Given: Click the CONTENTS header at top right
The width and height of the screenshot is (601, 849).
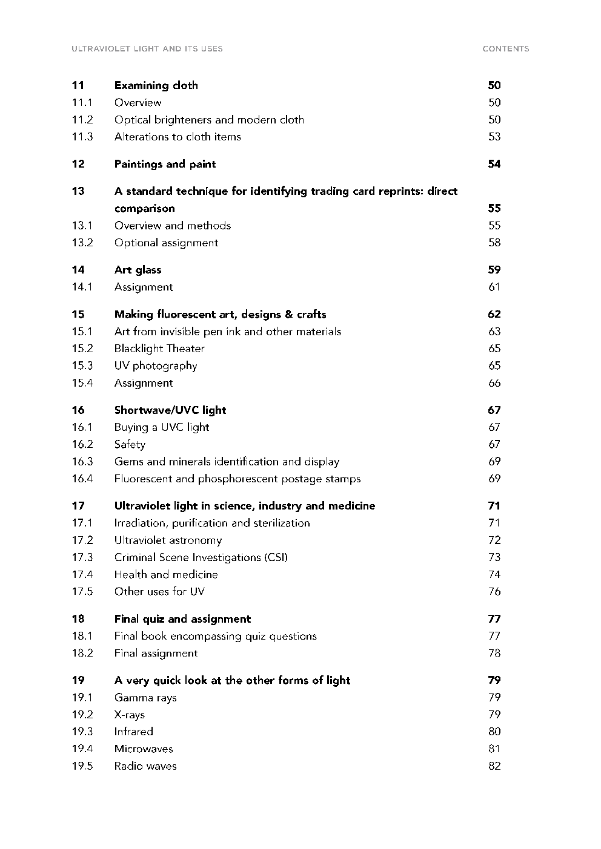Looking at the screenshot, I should coord(505,49).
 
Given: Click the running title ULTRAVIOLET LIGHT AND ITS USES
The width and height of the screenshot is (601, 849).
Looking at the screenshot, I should coord(147,49).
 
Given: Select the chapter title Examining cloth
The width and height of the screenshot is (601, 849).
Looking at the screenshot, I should coord(156,85).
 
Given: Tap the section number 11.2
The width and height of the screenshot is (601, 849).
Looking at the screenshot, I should coord(82,120).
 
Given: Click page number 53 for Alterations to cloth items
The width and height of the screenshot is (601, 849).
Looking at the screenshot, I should coord(494,137).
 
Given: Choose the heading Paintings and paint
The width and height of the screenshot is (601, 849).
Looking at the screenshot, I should coord(165,164).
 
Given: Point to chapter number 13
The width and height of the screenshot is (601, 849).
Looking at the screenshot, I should coord(78,191).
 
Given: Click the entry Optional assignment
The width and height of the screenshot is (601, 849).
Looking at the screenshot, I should coord(166,243).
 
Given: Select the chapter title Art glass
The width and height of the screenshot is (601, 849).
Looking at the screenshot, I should coord(138,270).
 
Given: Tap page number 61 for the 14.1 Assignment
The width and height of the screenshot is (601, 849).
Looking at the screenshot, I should coord(494,287).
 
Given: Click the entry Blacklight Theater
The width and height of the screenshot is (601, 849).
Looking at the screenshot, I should coord(159,349).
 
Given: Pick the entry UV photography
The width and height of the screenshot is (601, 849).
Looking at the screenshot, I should coord(156,365).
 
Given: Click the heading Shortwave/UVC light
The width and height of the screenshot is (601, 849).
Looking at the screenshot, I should coord(170,410).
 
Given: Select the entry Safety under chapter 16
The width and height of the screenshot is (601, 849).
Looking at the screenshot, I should coord(130,445).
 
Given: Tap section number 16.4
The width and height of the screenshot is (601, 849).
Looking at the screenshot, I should coord(82,479).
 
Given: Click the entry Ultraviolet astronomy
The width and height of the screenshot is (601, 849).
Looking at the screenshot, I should coord(168,540).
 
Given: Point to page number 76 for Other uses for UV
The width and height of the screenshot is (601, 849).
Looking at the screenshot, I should coord(494,592).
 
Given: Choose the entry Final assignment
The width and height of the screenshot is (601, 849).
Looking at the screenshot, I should coord(156,654).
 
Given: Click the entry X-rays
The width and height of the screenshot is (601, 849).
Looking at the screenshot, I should coord(130,715).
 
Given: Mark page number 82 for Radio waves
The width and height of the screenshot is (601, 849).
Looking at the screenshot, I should coord(494,766).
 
